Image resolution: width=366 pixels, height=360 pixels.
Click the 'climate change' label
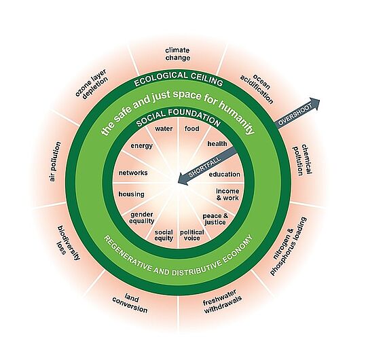pos(178,54)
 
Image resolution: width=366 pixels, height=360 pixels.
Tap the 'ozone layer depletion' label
pos(92,84)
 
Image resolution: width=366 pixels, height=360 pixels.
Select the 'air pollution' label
pos(55,162)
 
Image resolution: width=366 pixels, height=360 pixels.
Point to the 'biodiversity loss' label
pos(69,242)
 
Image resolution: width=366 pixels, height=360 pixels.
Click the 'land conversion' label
pos(130,304)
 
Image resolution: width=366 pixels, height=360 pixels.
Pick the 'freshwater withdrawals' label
pos(222,302)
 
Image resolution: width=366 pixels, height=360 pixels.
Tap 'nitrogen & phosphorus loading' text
pos(288,247)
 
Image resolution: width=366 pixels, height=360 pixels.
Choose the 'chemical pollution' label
pos(303,160)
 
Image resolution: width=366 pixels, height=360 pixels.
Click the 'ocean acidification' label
pos(257,89)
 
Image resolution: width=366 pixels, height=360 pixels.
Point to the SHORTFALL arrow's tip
pos(178,182)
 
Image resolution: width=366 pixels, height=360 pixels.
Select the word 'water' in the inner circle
pos(164,128)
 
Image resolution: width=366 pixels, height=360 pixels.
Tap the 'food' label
pos(192,128)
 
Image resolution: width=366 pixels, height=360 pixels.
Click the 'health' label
pos(217,143)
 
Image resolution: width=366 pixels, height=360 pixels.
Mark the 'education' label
pos(224,175)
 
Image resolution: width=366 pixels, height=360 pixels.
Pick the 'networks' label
pos(133,173)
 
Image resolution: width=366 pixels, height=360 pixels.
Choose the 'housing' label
pos(131,194)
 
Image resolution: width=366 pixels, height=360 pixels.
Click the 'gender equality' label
pos(141,218)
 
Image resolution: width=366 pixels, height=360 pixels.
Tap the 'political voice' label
pos(192,235)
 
